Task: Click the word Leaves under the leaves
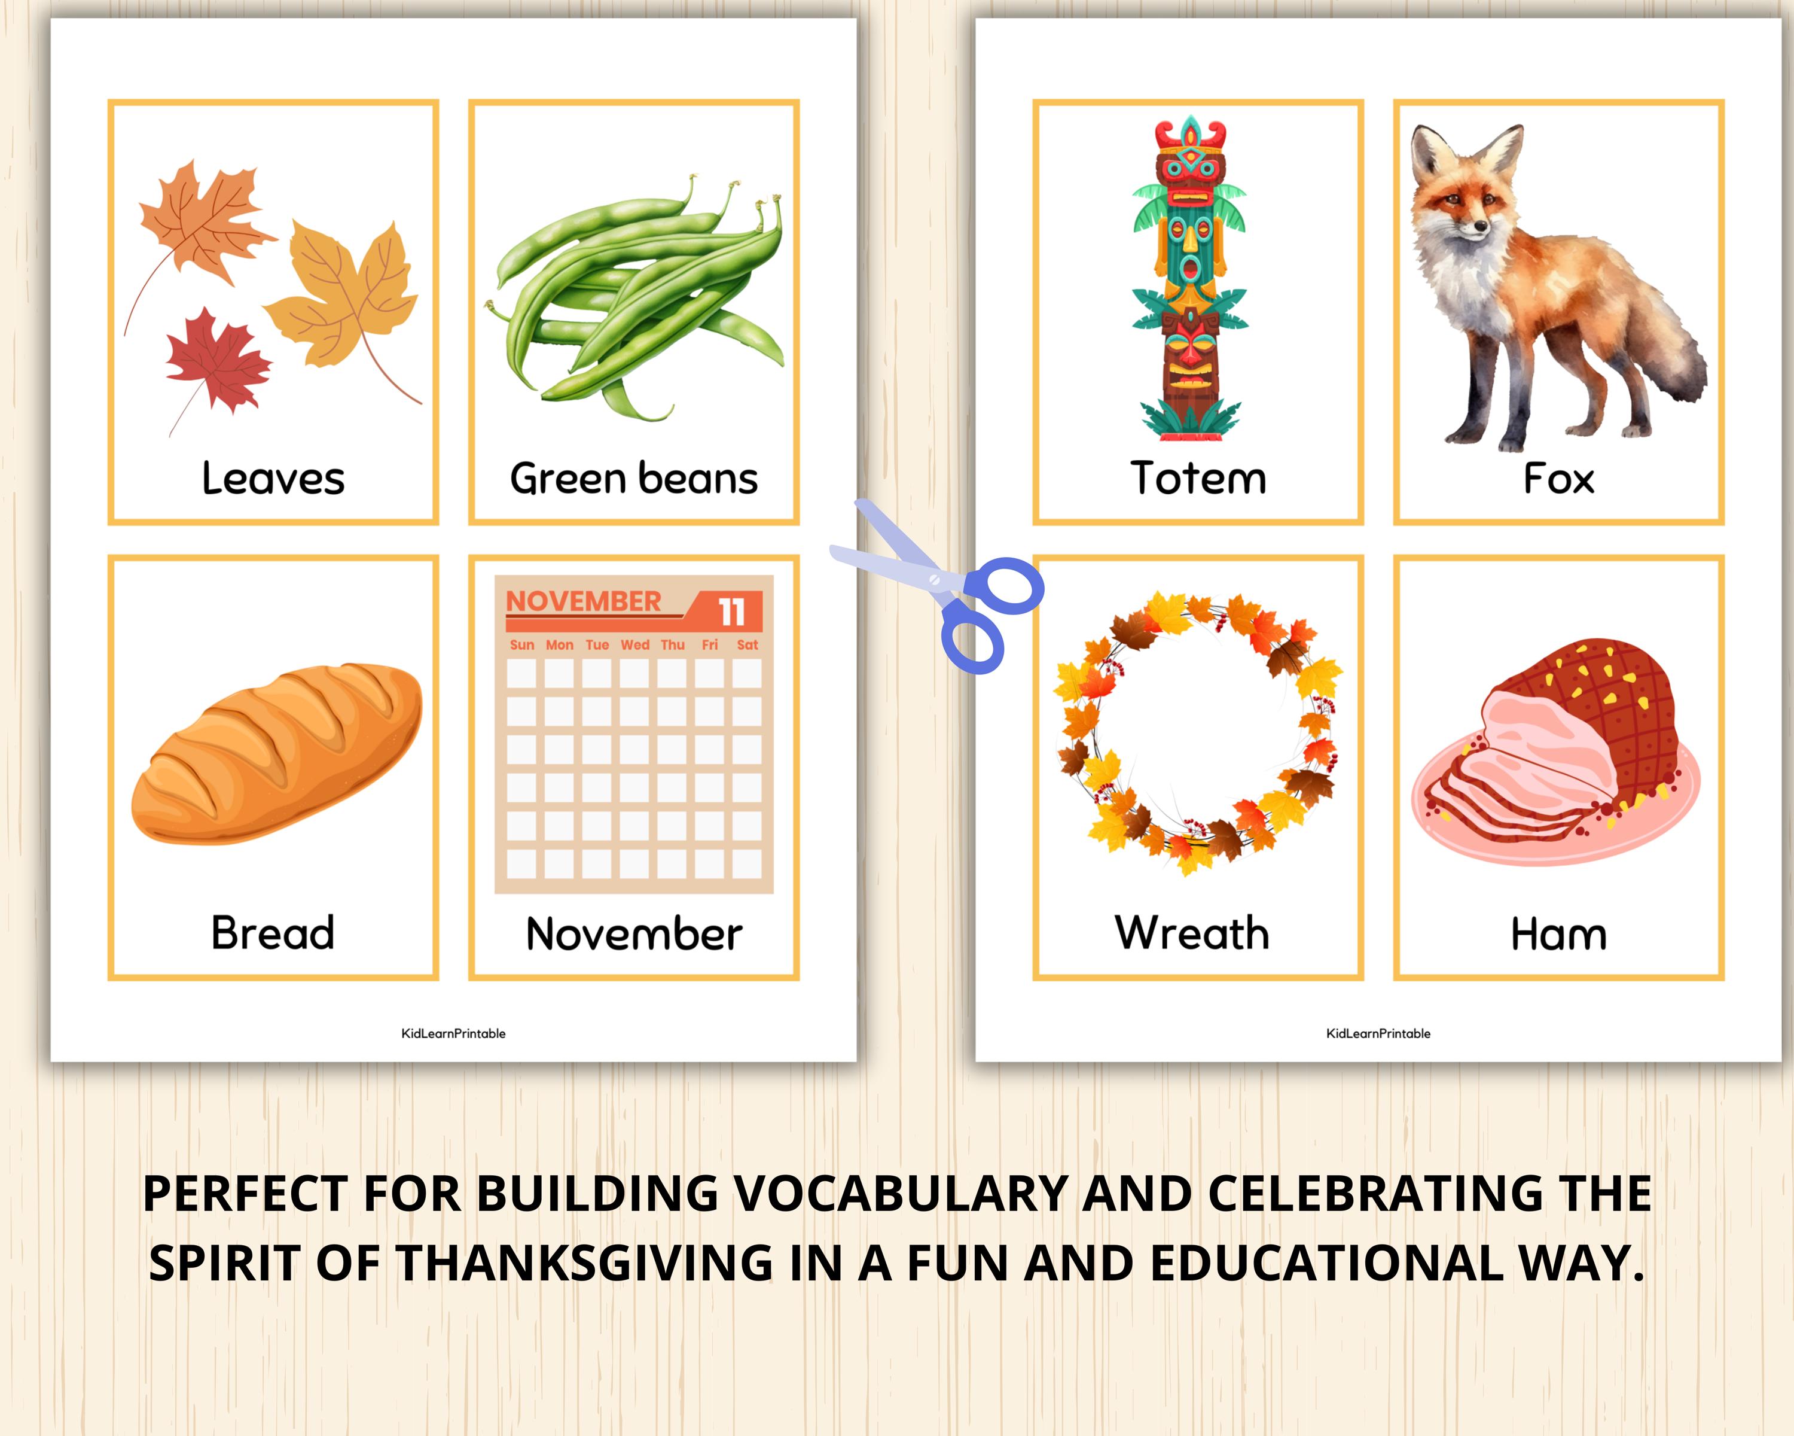coord(273,479)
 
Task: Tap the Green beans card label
coord(634,479)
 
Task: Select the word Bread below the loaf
coord(273,933)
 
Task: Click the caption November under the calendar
coord(634,934)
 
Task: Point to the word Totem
coord(1198,479)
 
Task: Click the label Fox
coord(1558,479)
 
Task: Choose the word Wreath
coord(1192,933)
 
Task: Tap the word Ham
coord(1558,934)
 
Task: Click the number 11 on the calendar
coord(732,613)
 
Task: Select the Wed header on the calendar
coord(635,645)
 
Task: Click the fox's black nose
coord(1480,226)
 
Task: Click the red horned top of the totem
coord(1191,138)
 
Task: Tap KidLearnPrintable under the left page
coord(453,1033)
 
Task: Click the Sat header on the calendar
coord(747,645)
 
